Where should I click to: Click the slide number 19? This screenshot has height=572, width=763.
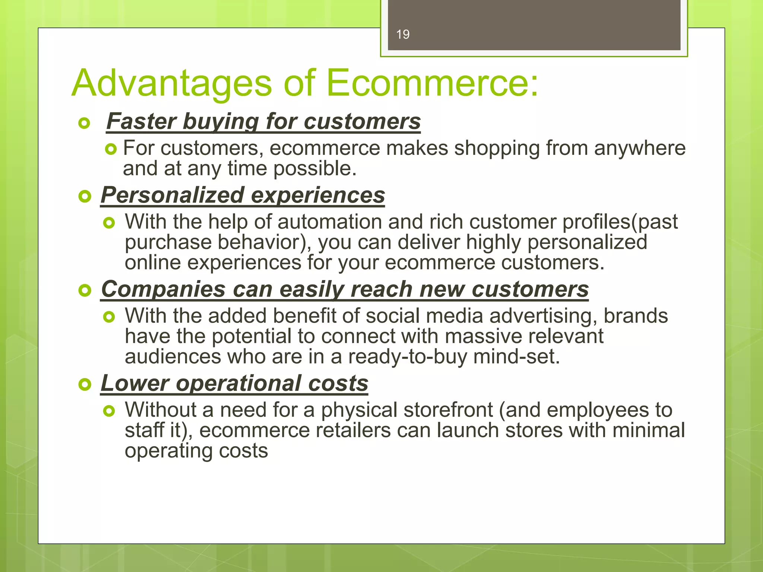(x=403, y=35)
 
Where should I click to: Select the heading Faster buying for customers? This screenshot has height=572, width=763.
(x=263, y=121)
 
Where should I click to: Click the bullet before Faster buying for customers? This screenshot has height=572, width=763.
(x=85, y=123)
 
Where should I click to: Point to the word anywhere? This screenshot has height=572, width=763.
(x=640, y=148)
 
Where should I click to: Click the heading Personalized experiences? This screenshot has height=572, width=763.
(x=243, y=195)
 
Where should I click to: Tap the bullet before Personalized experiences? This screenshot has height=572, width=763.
(x=85, y=196)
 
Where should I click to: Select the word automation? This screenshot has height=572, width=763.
(x=329, y=222)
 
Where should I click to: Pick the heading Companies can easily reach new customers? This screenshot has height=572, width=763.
(x=345, y=289)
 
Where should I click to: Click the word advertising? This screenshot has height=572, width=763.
(x=543, y=316)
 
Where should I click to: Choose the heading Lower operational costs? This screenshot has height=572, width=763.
(x=234, y=383)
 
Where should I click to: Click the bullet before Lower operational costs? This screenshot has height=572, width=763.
(x=85, y=384)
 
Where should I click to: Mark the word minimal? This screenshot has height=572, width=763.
(x=648, y=430)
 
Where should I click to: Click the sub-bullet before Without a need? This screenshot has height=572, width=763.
(x=109, y=411)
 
